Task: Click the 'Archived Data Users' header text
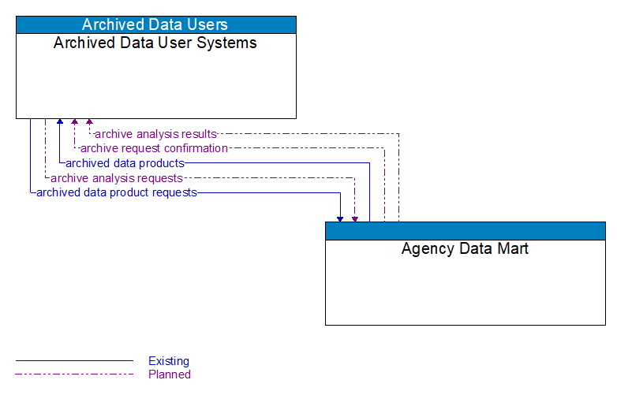[x=155, y=24]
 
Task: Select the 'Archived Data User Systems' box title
[x=155, y=43]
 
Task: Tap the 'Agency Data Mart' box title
[x=465, y=249]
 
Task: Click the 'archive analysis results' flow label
[x=155, y=134]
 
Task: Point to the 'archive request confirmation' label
[x=154, y=148]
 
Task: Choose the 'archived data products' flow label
[x=125, y=163]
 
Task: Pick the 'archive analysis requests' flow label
[x=117, y=178]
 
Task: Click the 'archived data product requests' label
[x=117, y=192]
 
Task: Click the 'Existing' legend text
[x=169, y=361]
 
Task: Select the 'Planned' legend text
[x=170, y=375]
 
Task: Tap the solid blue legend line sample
[x=74, y=361]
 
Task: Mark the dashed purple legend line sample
[x=74, y=375]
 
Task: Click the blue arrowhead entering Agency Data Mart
[x=340, y=218]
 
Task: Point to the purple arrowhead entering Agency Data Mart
[x=355, y=218]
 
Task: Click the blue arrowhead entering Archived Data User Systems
[x=60, y=123]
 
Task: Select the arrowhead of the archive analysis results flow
[x=89, y=123]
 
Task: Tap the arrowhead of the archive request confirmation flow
[x=74, y=123]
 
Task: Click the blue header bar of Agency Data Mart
[x=465, y=231]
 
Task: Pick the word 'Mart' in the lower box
[x=511, y=249]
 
